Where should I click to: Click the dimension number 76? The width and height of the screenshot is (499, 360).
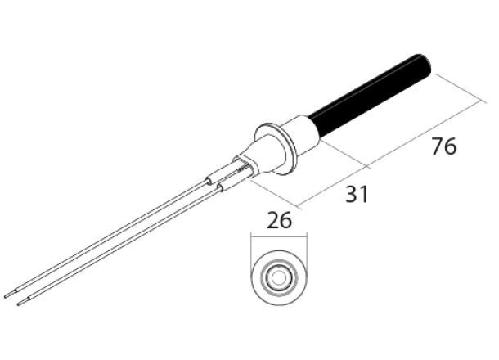(443, 147)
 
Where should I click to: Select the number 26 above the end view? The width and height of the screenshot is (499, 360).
(280, 221)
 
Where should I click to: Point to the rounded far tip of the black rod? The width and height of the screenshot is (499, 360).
(428, 61)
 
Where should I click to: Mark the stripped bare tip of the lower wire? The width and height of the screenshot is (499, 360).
(21, 302)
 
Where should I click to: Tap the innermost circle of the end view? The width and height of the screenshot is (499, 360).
(280, 277)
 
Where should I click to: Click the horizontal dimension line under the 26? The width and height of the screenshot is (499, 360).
(280, 238)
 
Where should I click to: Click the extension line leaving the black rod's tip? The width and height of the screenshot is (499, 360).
(454, 85)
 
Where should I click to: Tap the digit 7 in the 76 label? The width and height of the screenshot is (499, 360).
(437, 147)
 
